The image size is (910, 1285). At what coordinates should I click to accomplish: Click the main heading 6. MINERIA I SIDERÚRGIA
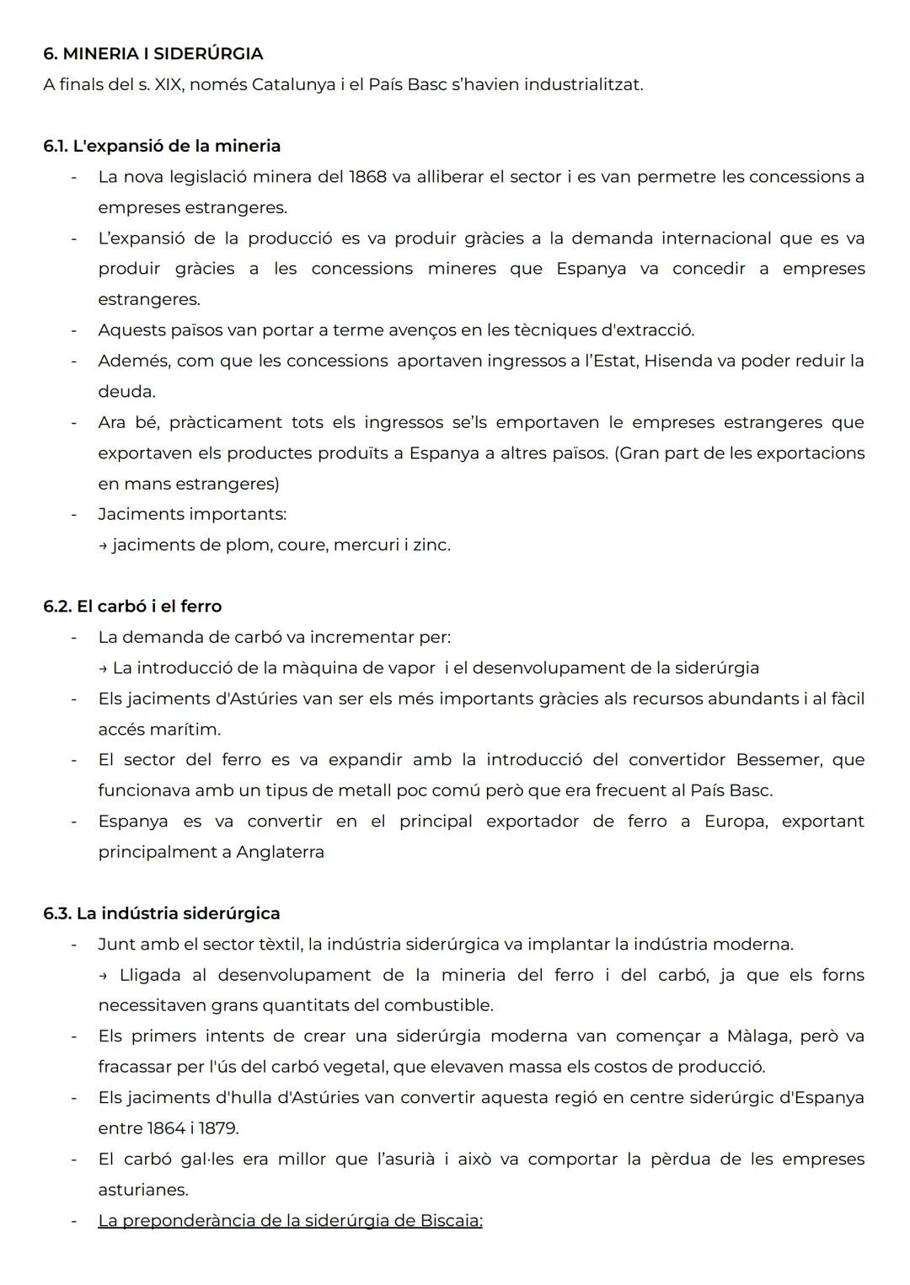pos(153,54)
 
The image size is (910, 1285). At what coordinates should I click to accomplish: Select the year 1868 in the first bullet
pos(367,177)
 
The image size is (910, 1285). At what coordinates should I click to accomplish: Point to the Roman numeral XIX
pos(165,85)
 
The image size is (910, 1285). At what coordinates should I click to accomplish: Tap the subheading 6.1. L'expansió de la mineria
pos(162,146)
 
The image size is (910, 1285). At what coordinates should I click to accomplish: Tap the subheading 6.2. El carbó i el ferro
pos(132,607)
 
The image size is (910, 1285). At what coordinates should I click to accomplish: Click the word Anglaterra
pos(280,852)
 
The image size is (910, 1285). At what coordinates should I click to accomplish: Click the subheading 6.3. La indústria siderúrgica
pos(162,913)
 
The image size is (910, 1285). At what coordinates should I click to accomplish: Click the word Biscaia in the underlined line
pos(450,1220)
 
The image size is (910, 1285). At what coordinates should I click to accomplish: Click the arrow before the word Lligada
pos(104,976)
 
